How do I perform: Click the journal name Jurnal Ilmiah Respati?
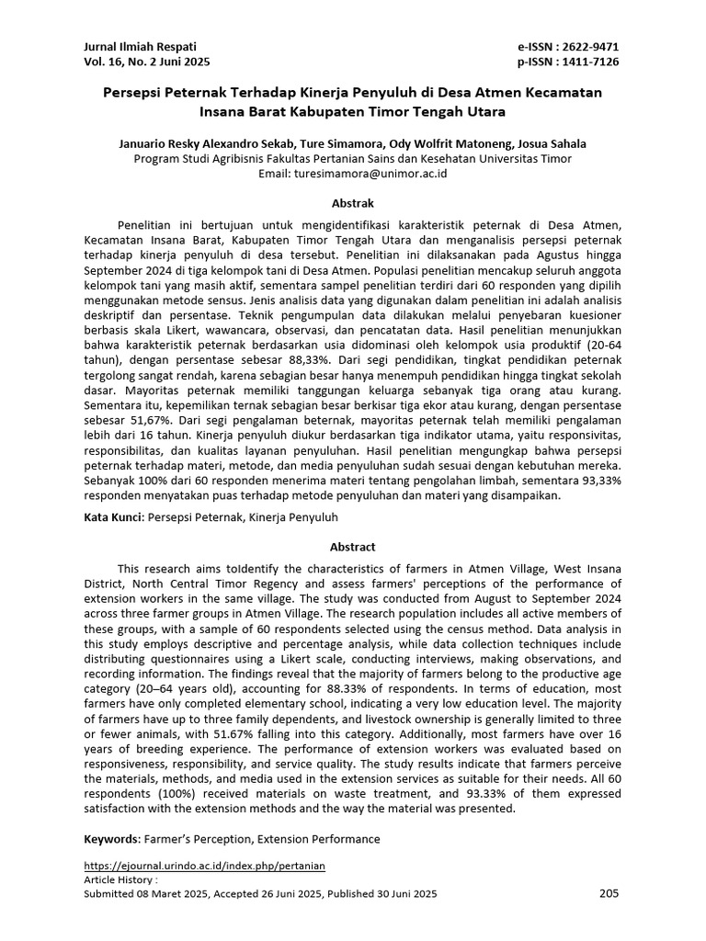pyautogui.click(x=140, y=46)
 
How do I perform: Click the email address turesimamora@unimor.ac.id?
pyautogui.click(x=370, y=173)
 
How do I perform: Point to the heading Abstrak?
pyautogui.click(x=352, y=203)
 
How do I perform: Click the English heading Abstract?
pyautogui.click(x=352, y=543)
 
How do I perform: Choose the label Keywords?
pyautogui.click(x=111, y=839)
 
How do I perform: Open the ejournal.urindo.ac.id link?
pyautogui.click(x=204, y=866)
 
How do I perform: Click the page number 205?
pyautogui.click(x=609, y=892)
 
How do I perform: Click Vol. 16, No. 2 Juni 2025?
pyautogui.click(x=147, y=62)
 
